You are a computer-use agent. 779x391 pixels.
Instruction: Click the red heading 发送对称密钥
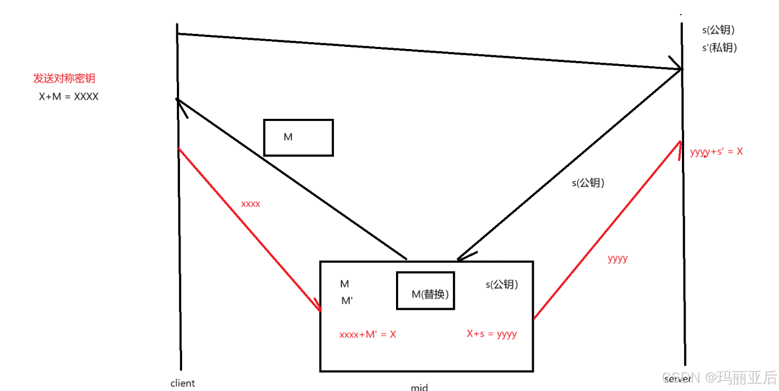[x=64, y=79]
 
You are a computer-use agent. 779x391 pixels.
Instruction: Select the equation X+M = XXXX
[x=68, y=96]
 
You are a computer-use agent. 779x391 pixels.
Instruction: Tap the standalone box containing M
[x=298, y=138]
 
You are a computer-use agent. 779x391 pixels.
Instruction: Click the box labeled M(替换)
[x=425, y=290]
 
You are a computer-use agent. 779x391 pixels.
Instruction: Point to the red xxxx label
[x=250, y=204]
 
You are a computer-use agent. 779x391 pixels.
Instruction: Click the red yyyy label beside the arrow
[x=618, y=258]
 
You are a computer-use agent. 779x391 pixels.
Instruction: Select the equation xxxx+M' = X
[x=367, y=334]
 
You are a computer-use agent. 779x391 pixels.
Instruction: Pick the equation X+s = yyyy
[x=492, y=334]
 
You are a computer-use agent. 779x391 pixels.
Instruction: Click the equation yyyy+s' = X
[x=716, y=152]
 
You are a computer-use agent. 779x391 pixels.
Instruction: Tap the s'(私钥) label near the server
[x=720, y=47]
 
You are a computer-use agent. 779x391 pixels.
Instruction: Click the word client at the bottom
[x=183, y=383]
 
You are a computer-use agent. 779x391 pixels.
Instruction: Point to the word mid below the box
[x=419, y=387]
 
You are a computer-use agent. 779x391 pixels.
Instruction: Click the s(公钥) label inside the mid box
[x=502, y=285]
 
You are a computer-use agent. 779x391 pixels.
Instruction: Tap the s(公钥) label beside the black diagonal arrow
[x=589, y=183]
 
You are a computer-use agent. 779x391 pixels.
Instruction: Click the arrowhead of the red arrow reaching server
[x=679, y=146]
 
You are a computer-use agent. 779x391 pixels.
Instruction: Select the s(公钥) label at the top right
[x=718, y=30]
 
